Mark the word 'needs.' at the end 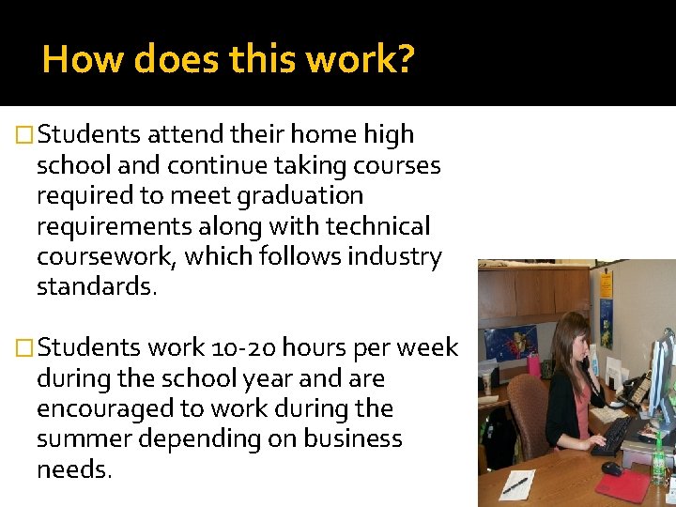[x=74, y=469]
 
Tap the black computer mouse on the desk [x=611, y=468]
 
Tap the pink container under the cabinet [x=534, y=364]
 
